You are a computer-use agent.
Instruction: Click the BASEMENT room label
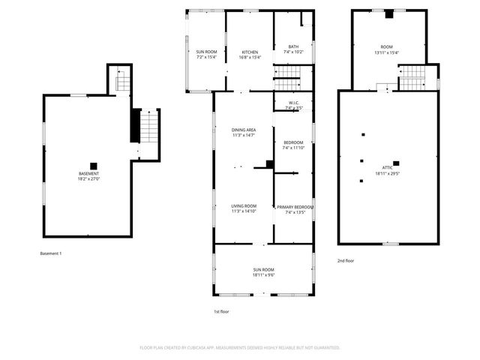pos(88,174)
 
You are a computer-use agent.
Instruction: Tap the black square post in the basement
pos(94,166)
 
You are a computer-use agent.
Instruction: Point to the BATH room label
pos(293,46)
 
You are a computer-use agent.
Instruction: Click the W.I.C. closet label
pos(293,103)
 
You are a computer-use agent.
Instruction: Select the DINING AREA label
pos(244,130)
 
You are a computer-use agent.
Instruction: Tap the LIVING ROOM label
pos(244,206)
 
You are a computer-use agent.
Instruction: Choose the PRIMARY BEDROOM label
pos(294,207)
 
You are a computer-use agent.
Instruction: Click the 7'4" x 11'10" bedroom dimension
pos(293,148)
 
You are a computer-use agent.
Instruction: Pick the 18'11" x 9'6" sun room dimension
pos(263,275)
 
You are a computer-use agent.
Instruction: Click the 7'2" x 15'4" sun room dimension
pos(206,58)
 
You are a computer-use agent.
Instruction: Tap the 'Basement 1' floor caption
pos(51,253)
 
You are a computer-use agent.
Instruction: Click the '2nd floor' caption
pos(345,260)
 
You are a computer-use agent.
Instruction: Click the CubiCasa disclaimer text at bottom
pos(240,348)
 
